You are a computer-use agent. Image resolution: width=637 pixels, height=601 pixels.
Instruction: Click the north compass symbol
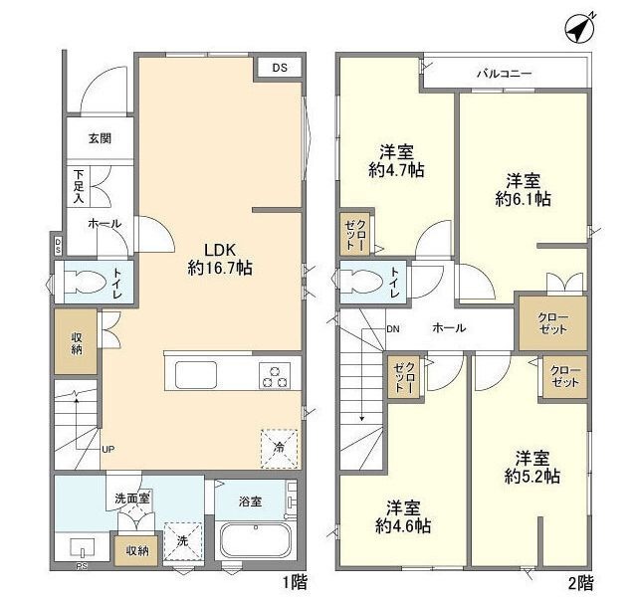pyautogui.click(x=579, y=29)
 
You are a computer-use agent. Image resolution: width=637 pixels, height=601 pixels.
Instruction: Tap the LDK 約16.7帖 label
pyautogui.click(x=220, y=259)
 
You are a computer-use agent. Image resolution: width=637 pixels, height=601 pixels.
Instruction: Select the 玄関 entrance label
pyautogui.click(x=100, y=138)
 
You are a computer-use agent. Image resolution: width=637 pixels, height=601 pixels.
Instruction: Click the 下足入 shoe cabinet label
pyautogui.click(x=79, y=186)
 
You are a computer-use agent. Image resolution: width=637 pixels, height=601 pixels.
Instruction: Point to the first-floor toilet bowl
pyautogui.click(x=85, y=281)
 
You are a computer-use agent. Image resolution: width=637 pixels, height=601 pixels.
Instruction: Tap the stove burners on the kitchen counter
pyautogui.click(x=275, y=376)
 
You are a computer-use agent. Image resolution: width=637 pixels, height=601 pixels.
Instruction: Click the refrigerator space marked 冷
pyautogui.click(x=279, y=449)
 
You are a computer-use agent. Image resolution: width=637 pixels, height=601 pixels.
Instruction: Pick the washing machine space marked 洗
pyautogui.click(x=183, y=541)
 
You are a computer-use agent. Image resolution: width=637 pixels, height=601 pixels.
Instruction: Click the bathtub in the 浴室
pyautogui.click(x=255, y=541)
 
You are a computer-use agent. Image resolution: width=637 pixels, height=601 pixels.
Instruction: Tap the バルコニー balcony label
pyautogui.click(x=504, y=74)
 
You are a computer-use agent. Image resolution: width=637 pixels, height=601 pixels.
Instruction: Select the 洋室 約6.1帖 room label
pyautogui.click(x=523, y=190)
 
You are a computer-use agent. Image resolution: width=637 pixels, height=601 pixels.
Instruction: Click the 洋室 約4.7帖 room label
pyautogui.click(x=396, y=161)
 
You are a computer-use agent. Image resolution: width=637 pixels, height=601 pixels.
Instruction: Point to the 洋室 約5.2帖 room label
pyautogui.click(x=532, y=467)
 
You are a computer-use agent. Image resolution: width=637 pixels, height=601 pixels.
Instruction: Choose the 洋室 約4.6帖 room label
pyautogui.click(x=403, y=517)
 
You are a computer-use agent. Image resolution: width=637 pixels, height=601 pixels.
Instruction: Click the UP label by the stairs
pyautogui.click(x=108, y=450)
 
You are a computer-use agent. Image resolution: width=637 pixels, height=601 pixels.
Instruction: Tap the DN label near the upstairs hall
pyautogui.click(x=393, y=329)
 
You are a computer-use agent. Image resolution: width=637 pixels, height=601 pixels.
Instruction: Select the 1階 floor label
pyautogui.click(x=295, y=583)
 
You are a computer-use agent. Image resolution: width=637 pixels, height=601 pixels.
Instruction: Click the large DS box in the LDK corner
pyautogui.click(x=280, y=68)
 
